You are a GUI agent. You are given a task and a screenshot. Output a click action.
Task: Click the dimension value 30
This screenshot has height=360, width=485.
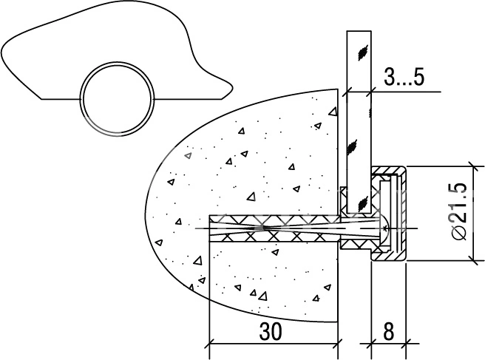click(x=271, y=331)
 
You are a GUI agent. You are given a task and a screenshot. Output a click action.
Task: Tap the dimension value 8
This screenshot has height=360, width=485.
click(x=388, y=331)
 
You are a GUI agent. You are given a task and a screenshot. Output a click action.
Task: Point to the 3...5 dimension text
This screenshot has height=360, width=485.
click(x=404, y=77)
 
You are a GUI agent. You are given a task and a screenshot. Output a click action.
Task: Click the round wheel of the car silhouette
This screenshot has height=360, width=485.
click(x=117, y=100)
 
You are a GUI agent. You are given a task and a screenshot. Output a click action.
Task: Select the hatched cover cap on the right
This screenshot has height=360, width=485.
click(x=388, y=214)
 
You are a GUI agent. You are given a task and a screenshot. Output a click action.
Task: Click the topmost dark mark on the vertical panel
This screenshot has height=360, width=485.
click(x=362, y=52)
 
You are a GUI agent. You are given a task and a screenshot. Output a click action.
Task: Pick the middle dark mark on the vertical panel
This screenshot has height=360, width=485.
click(x=352, y=146)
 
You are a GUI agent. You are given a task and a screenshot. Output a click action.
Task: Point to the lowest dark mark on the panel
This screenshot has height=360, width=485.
click(x=362, y=203)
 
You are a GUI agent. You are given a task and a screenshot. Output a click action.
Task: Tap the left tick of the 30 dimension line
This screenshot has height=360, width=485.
click(x=210, y=343)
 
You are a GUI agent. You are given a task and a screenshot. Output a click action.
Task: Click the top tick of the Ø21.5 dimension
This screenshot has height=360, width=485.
click(x=474, y=166)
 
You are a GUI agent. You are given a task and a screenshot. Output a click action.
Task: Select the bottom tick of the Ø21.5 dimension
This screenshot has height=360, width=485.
click(x=474, y=260)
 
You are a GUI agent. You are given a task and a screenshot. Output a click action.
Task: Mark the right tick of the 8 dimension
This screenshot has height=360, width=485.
click(x=406, y=343)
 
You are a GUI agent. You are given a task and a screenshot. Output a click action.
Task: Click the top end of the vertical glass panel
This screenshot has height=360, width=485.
click(x=359, y=31)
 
